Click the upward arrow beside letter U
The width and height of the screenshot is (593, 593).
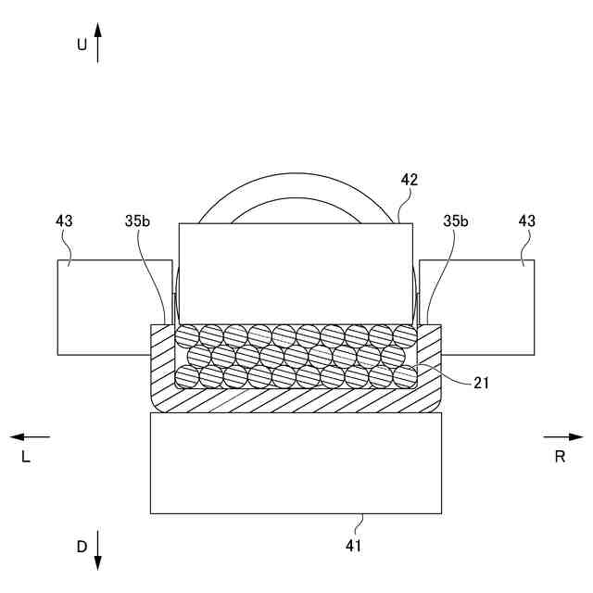click(98, 43)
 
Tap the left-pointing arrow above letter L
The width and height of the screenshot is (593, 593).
click(30, 435)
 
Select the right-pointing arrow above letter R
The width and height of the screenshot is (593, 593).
click(563, 435)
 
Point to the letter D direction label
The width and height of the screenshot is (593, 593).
click(82, 548)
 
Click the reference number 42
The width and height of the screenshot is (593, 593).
click(409, 180)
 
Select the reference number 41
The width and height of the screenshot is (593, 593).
click(353, 546)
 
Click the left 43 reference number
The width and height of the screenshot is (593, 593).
click(64, 221)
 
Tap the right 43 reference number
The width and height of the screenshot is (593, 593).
click(527, 221)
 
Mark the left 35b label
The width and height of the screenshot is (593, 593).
click(136, 221)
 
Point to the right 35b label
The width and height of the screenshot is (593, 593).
click(455, 221)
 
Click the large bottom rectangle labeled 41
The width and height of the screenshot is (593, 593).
click(296, 462)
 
